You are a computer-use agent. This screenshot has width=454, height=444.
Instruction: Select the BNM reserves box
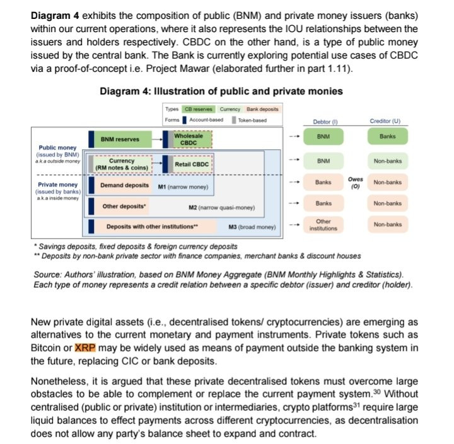click(121, 139)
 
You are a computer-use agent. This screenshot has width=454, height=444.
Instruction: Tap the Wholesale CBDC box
click(189, 139)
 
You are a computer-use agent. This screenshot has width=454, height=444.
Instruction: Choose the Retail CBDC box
click(191, 164)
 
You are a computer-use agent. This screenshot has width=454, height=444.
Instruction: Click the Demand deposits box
click(124, 186)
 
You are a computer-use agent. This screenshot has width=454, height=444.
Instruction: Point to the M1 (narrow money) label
click(182, 186)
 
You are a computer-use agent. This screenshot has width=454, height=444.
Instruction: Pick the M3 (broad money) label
click(251, 226)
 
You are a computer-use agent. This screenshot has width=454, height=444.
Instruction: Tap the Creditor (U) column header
click(387, 121)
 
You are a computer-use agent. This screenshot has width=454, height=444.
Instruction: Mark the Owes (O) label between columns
click(355, 182)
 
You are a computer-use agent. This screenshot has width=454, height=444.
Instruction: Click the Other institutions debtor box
click(323, 225)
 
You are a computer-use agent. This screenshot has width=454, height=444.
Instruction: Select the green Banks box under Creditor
click(387, 137)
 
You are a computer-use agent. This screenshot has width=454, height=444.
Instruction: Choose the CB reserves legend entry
click(198, 109)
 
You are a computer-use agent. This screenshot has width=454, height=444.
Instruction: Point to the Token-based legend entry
click(250, 120)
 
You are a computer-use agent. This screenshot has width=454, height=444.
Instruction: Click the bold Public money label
click(57, 148)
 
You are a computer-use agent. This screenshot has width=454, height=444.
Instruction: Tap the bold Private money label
click(57, 185)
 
